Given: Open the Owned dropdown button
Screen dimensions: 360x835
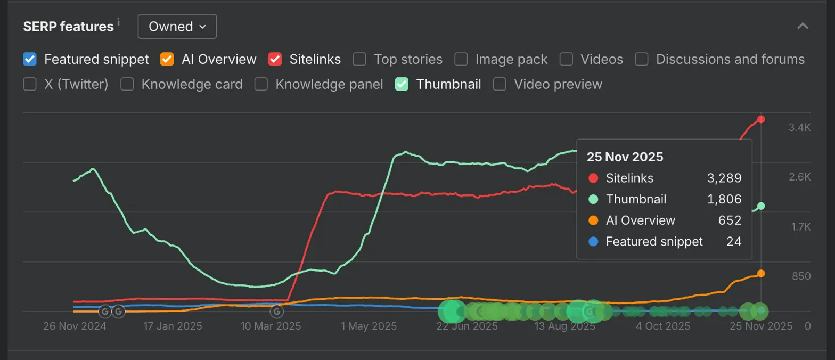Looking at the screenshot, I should (x=177, y=27).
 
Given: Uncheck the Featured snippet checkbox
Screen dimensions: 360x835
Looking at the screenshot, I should (x=30, y=59).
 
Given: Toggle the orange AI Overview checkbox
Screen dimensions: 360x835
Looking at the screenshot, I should (x=167, y=59).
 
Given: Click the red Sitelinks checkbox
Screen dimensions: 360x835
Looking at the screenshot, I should (x=275, y=59).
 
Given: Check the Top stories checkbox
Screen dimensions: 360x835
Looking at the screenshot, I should (x=359, y=59).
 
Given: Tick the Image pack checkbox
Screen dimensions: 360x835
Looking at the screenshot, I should (x=461, y=59).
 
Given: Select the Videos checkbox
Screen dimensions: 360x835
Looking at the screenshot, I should (x=566, y=59).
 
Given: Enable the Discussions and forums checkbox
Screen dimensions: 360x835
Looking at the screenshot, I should (x=642, y=59).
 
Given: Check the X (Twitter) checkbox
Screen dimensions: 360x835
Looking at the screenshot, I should (x=30, y=84).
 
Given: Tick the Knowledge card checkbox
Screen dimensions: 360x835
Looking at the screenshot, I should (x=127, y=84).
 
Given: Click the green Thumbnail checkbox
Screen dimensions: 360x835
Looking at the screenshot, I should (x=402, y=84).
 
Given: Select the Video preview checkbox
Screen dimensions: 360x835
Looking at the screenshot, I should (x=500, y=84).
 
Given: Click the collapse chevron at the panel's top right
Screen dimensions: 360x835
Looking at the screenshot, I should (x=803, y=26).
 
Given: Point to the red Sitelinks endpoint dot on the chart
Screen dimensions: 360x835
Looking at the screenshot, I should (x=761, y=119).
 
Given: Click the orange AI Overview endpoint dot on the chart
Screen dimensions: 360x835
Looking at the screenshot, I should (x=761, y=273).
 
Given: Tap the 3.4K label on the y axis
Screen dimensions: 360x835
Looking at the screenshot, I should (x=799, y=127).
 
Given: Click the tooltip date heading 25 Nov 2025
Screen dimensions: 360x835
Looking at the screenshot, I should (x=625, y=157).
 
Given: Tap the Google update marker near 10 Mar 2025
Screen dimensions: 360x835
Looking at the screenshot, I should (x=276, y=311).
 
